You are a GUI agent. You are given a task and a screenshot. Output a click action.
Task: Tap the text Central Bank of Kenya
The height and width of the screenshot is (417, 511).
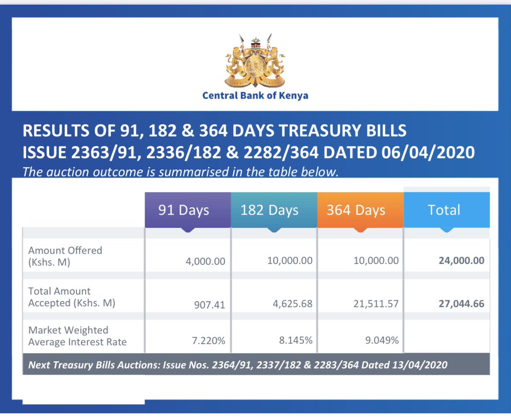click(255, 95)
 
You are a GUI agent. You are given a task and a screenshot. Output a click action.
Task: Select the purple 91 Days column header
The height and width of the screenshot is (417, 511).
click(184, 210)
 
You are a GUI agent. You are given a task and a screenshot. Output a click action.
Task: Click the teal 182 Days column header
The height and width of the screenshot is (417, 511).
click(270, 210)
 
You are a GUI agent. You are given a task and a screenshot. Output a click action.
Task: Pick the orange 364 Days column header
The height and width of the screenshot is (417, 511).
click(356, 210)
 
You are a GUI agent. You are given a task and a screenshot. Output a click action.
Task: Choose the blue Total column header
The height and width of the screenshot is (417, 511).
click(444, 210)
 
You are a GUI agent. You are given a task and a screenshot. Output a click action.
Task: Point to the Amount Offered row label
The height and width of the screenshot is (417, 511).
click(65, 256)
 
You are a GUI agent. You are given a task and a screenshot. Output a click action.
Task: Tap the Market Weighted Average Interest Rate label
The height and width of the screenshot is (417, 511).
click(78, 336)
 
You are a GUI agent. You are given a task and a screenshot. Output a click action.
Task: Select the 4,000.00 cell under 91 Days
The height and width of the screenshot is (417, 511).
click(205, 261)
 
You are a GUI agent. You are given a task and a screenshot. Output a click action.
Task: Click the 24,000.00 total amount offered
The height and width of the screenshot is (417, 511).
click(461, 261)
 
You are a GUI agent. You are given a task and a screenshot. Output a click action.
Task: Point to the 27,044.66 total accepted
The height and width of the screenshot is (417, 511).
click(461, 305)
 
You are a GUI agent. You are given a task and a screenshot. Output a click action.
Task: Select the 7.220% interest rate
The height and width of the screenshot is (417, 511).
click(208, 341)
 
